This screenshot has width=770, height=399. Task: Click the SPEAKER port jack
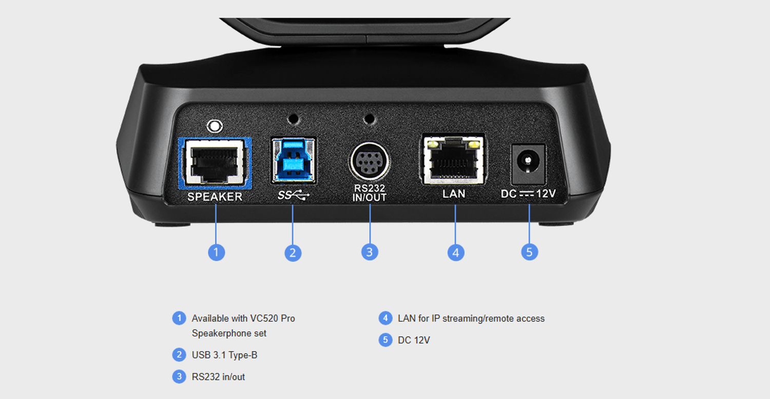tap(215, 163)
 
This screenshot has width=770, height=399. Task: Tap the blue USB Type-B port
tap(293, 160)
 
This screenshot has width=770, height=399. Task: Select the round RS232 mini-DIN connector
tap(370, 161)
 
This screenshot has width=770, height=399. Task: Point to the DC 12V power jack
tap(528, 164)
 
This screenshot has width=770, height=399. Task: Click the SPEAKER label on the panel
tap(215, 197)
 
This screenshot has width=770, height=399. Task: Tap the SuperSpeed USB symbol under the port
tap(293, 195)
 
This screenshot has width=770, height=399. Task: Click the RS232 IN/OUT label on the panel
tap(370, 193)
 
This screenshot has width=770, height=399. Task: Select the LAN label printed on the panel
tap(454, 194)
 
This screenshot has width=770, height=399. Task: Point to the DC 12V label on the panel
tap(528, 194)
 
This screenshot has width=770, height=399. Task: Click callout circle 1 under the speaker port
tap(217, 253)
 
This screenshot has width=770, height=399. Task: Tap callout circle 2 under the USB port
tap(293, 253)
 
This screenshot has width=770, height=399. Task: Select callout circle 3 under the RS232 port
tap(370, 252)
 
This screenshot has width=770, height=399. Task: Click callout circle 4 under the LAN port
tap(456, 253)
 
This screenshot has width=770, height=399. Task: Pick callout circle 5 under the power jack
tap(529, 252)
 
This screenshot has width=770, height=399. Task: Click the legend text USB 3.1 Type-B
tap(224, 355)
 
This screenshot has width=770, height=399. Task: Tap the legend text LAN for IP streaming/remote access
tap(471, 318)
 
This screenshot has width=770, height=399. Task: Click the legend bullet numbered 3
tap(179, 376)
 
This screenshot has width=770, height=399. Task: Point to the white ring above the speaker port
tap(215, 126)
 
